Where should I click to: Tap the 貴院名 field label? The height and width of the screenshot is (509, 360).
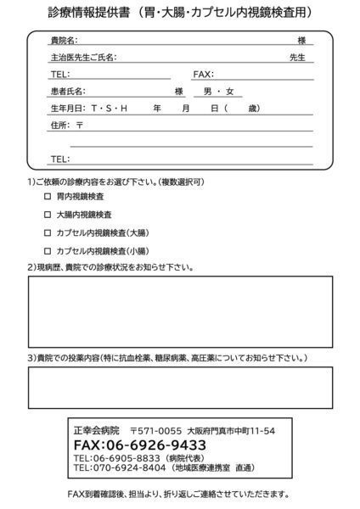pyautogui.click(x=65, y=41)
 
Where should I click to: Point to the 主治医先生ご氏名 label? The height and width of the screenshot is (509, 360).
pyautogui.click(x=83, y=58)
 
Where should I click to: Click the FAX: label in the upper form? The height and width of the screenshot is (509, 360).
pyautogui.click(x=204, y=75)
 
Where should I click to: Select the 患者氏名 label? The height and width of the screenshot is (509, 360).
pyautogui.click(x=69, y=92)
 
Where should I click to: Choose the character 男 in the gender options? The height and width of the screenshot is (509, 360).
pyautogui.click(x=207, y=92)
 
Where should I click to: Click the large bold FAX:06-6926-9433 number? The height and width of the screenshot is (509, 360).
pyautogui.click(x=140, y=445)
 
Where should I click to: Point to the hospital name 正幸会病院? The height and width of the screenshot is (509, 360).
pyautogui.click(x=96, y=431)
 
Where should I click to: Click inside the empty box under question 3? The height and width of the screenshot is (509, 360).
pyautogui.click(x=179, y=387)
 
